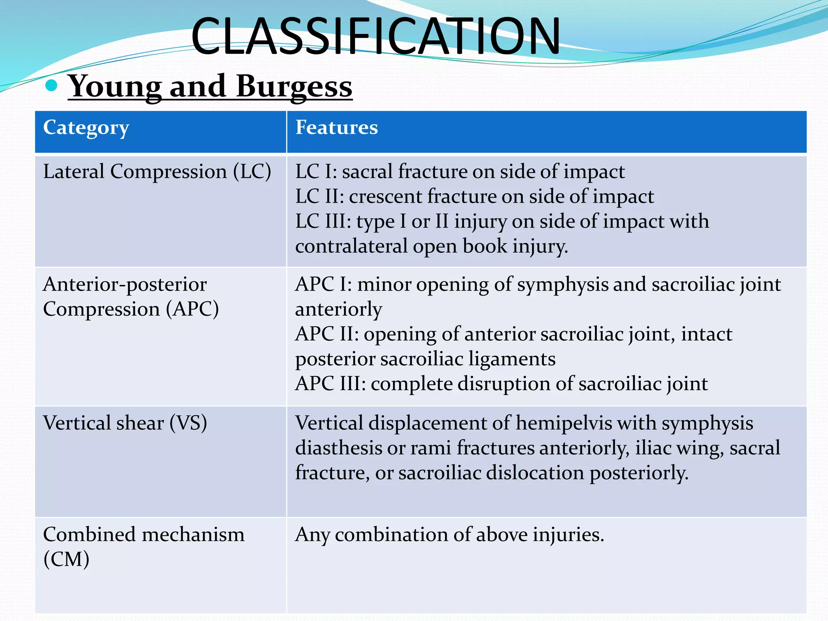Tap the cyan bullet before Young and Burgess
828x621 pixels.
tap(51, 85)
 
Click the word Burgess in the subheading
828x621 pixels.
tap(294, 87)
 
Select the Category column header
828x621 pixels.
tap(86, 128)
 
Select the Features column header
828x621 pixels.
tap(336, 128)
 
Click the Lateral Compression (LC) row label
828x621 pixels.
tap(157, 171)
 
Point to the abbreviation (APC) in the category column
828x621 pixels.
tap(192, 309)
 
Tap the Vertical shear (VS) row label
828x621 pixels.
tap(125, 423)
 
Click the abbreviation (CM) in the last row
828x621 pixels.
tap(66, 560)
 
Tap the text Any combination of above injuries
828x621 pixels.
tap(449, 535)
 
